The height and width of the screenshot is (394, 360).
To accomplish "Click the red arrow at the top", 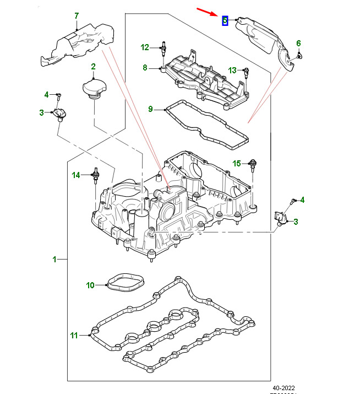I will pyautogui.click(x=208, y=13).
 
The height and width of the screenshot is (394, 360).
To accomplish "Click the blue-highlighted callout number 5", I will pyautogui.click(x=225, y=20).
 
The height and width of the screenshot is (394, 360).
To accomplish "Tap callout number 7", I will pyautogui.click(x=77, y=15).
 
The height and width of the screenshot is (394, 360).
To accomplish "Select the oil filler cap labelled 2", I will pyautogui.click(x=92, y=88).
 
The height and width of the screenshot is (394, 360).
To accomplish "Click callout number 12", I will pyautogui.click(x=145, y=47).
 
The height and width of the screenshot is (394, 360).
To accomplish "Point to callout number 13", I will pyautogui.click(x=232, y=70).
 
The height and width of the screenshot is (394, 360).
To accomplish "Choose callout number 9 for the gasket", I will pyautogui.click(x=150, y=109).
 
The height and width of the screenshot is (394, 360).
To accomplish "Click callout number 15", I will pyautogui.click(x=237, y=163).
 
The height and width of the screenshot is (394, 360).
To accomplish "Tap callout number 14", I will pyautogui.click(x=77, y=175).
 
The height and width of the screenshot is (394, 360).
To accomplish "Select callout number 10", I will pyautogui.click(x=90, y=285).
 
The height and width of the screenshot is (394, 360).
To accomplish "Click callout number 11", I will pyautogui.click(x=75, y=334).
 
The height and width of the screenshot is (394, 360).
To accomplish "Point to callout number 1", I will pyautogui.click(x=54, y=259).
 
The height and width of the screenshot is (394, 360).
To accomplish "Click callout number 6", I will pyautogui.click(x=298, y=43).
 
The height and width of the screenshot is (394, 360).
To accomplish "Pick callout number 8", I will pyautogui.click(x=145, y=68).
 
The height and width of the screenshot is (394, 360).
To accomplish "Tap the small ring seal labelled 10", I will pyautogui.click(x=126, y=283).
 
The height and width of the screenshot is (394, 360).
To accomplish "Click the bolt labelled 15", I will pyautogui.click(x=253, y=164).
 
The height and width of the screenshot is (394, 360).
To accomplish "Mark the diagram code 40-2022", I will pyautogui.click(x=283, y=388).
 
